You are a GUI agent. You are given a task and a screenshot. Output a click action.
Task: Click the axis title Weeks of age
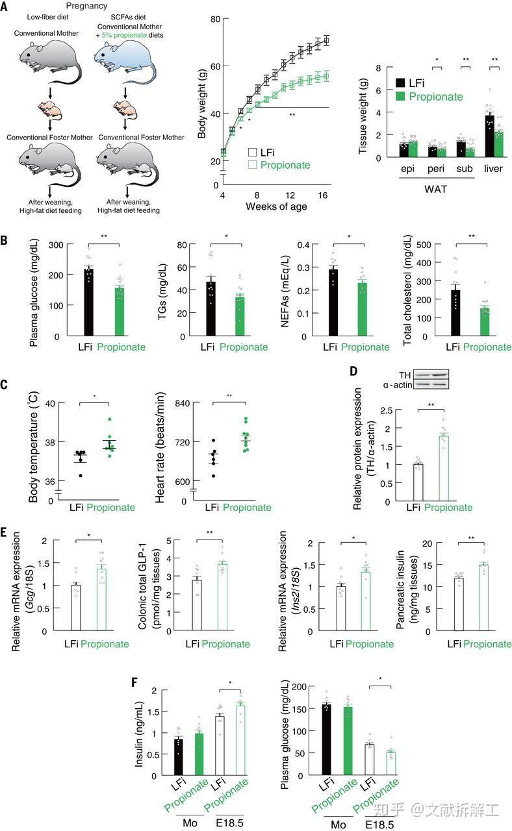click(276, 207)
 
